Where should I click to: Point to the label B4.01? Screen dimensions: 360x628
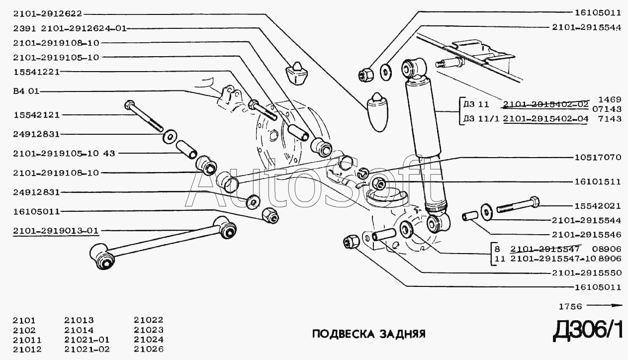(x=25, y=91)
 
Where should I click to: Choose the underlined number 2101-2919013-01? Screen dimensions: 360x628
(x=56, y=231)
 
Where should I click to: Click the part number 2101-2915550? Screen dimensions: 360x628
(x=586, y=272)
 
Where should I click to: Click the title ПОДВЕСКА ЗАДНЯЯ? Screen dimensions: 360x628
(x=368, y=333)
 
